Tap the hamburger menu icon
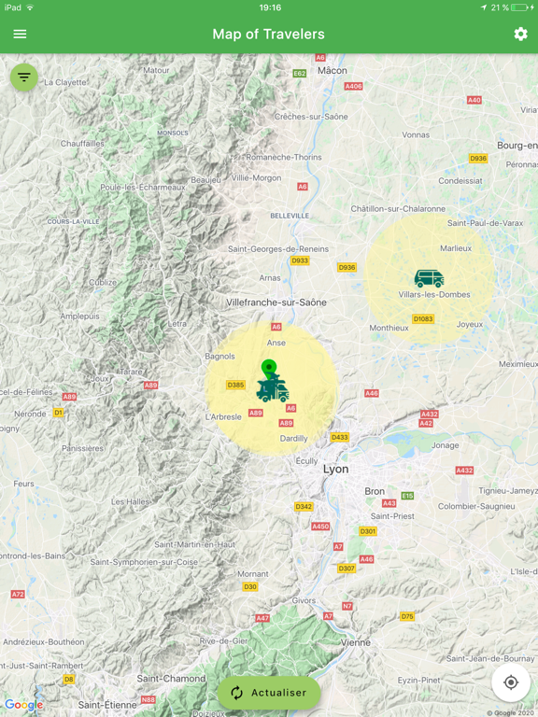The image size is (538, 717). [20, 35]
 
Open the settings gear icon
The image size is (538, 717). [520, 35]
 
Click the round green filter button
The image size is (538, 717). [24, 77]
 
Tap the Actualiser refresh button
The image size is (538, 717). [269, 693]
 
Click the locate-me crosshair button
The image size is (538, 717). [511, 682]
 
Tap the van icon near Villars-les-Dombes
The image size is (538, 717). [429, 278]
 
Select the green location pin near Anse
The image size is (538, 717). [269, 368]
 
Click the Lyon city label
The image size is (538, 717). [335, 469]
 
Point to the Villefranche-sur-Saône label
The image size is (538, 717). [276, 302]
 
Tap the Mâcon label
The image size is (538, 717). [332, 70]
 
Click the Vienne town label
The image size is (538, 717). [355, 642]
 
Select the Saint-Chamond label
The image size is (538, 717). [171, 679]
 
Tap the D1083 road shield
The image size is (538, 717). [423, 319]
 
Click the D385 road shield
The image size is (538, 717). [235, 385]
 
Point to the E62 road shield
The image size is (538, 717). [300, 73]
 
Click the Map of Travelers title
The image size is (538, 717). [269, 35]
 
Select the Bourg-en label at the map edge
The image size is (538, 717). [517, 146]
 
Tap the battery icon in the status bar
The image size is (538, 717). [519, 7]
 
